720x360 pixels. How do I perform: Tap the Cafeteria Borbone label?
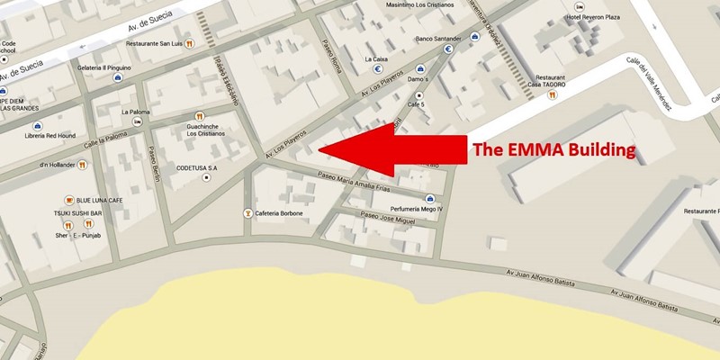click(278, 213)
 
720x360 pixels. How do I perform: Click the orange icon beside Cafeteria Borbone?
click(247, 213)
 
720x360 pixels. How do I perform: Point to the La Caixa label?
click(376, 59)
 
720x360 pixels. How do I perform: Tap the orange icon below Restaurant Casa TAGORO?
click(552, 94)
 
